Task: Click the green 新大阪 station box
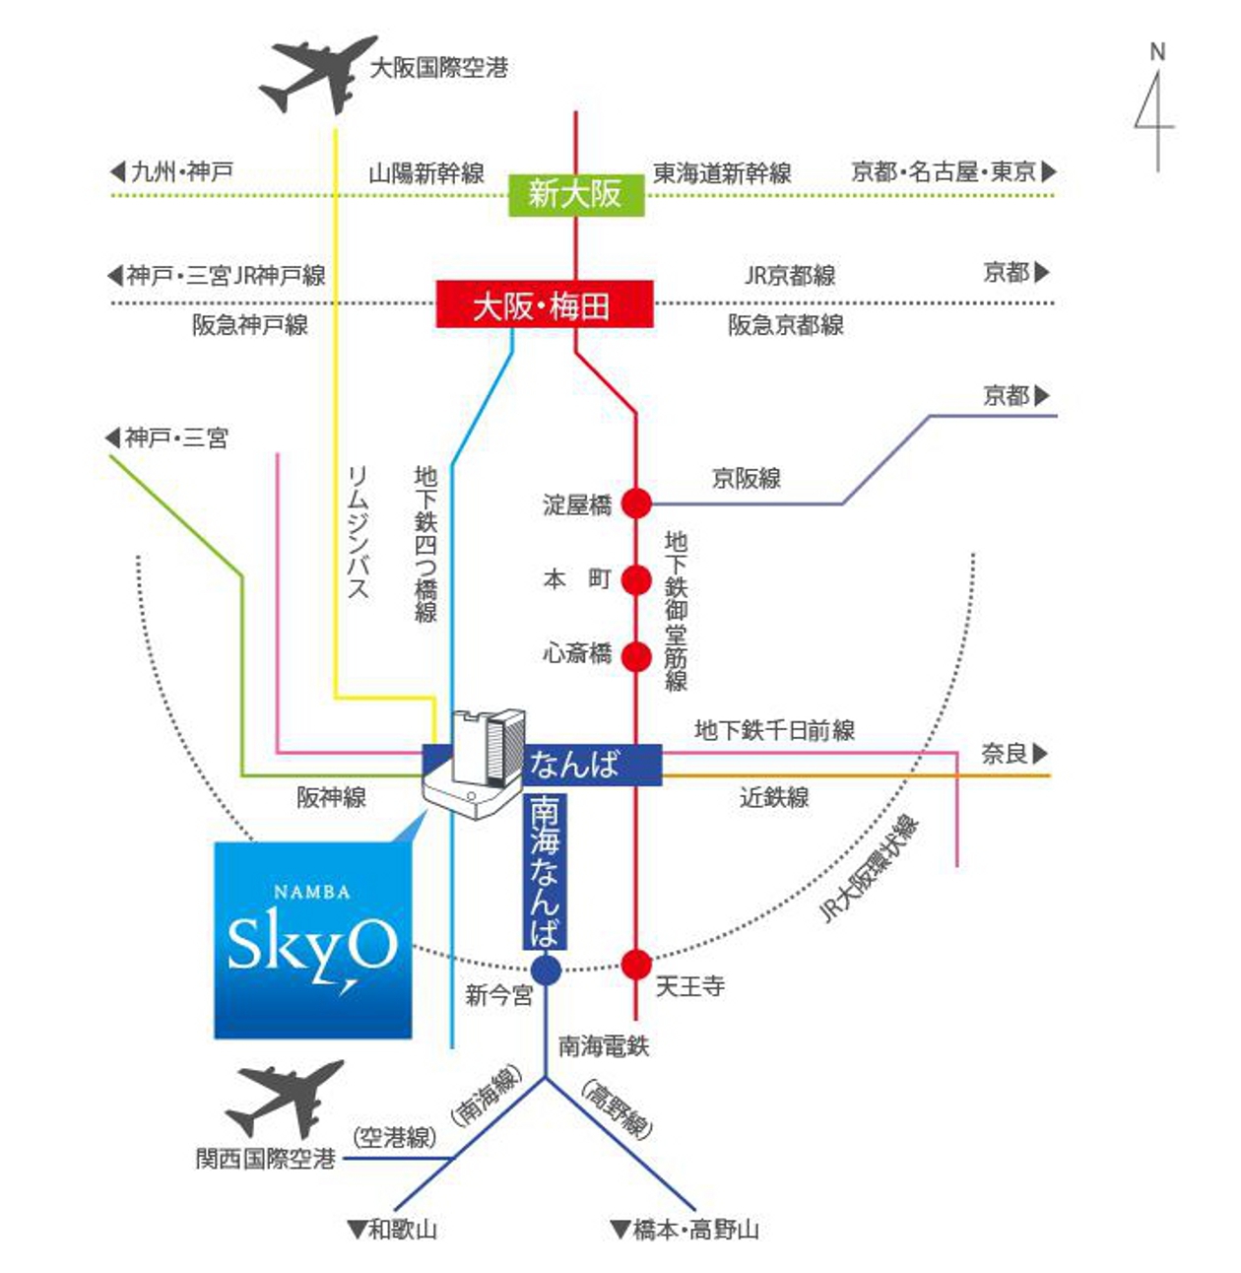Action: point(576,195)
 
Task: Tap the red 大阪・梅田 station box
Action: point(544,304)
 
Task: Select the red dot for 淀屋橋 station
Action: point(635,503)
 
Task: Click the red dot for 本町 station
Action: point(635,580)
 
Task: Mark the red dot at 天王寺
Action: point(635,965)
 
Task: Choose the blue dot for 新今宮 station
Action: point(546,971)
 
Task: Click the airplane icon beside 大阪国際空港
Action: point(318,75)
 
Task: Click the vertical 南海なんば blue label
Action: point(545,871)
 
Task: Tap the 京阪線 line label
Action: point(746,478)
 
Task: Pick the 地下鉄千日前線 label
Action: point(774,730)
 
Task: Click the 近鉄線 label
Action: point(774,797)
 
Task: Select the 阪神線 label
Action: point(331,797)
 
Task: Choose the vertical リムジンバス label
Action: point(359,531)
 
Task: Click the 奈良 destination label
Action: point(1014,754)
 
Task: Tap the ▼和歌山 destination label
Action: point(392,1230)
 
